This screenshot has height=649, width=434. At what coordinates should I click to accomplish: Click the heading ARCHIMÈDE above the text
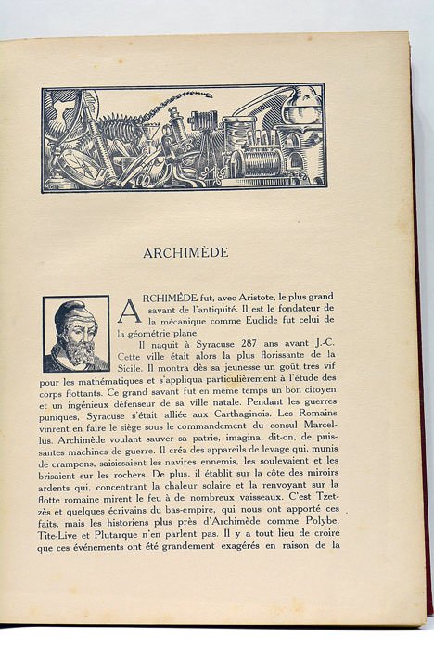tap(185, 252)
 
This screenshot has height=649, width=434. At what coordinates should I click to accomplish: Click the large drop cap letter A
tap(129, 311)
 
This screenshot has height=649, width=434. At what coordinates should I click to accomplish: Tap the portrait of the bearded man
tap(75, 334)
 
